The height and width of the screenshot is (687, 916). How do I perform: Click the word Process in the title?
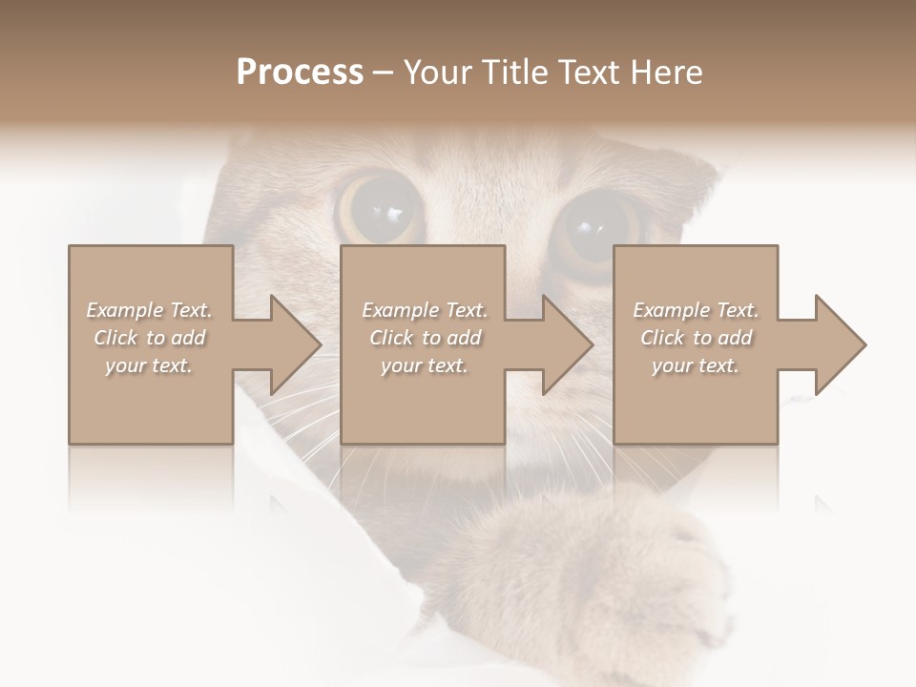tap(300, 72)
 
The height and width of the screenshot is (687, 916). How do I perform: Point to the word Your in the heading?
tap(434, 72)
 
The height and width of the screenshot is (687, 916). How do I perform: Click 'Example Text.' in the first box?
tap(149, 310)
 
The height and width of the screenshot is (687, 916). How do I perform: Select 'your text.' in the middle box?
tap(424, 365)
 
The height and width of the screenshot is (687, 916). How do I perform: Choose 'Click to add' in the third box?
tap(697, 338)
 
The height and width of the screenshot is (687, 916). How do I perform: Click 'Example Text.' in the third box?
tap(696, 310)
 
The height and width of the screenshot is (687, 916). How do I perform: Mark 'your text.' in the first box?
tap(149, 365)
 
